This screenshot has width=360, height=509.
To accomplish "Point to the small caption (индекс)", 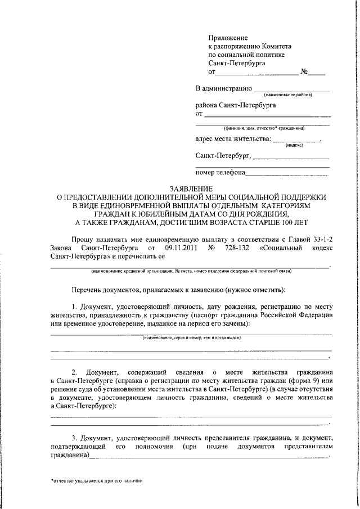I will [294, 145].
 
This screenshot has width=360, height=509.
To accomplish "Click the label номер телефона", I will [220, 173].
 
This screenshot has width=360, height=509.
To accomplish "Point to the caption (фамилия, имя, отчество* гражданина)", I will [264, 128].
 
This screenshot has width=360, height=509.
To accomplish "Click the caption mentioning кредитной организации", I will [191, 271].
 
